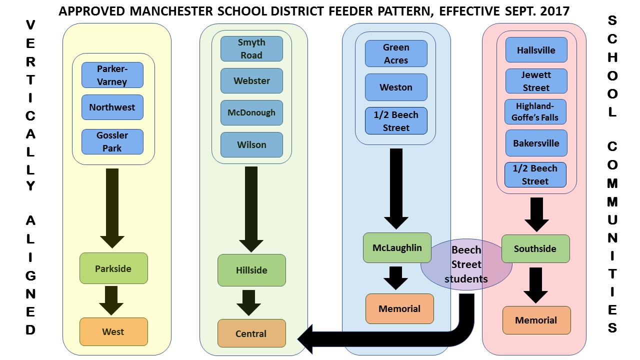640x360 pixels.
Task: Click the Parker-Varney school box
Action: pyautogui.click(x=112, y=75)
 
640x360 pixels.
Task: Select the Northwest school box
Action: pyautogui.click(x=112, y=107)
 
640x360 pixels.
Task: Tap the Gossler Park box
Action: pyautogui.click(x=112, y=141)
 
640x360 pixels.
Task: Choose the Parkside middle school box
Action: pyautogui.click(x=113, y=268)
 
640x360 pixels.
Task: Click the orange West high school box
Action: pyautogui.click(x=113, y=331)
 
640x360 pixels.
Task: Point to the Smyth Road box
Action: pyautogui.click(x=251, y=48)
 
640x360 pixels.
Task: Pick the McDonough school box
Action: pyautogui.click(x=251, y=112)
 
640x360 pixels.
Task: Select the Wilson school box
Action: pyautogui.click(x=251, y=144)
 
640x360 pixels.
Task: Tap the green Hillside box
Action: pyautogui.click(x=251, y=270)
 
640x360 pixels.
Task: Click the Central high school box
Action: pyautogui.click(x=251, y=333)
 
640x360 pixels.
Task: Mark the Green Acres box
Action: pyautogui.click(x=396, y=53)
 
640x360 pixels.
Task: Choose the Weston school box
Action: pyautogui.click(x=396, y=87)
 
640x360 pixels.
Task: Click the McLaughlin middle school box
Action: pyautogui.click(x=397, y=247)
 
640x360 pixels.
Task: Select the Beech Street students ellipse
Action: pyautogui.click(x=466, y=264)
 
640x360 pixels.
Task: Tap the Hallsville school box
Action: pyautogui.click(x=536, y=50)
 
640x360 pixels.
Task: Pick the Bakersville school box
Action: pyautogui.click(x=536, y=143)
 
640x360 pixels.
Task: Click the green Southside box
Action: pyautogui.click(x=535, y=248)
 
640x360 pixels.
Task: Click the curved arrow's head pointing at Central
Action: pyautogui.click(x=307, y=339)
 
